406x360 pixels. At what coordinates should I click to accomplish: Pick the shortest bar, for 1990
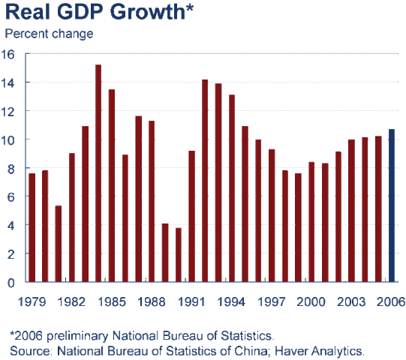click(x=179, y=255)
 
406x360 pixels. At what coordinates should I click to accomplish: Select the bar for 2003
click(x=351, y=211)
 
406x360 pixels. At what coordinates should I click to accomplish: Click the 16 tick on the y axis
click(x=9, y=54)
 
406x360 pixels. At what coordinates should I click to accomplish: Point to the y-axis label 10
click(x=9, y=139)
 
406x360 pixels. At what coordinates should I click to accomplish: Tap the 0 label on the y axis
click(x=12, y=283)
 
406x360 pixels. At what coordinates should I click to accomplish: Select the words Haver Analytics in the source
click(x=326, y=349)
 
